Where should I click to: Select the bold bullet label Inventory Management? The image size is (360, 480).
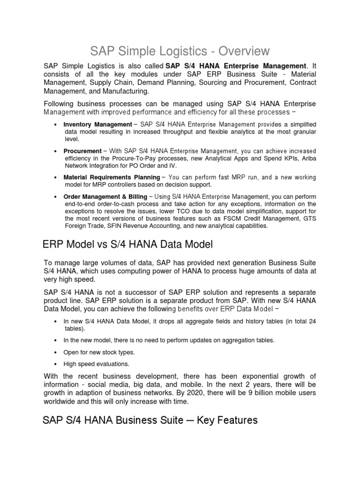coord(97,124)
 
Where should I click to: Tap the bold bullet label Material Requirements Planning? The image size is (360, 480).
coord(112,177)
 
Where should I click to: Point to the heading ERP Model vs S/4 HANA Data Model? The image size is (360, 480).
coord(127,244)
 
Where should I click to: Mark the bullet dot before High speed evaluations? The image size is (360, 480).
coord(56,364)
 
